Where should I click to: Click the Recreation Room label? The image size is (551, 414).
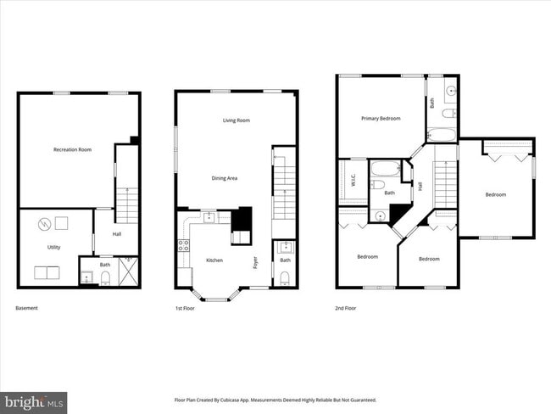[72, 150]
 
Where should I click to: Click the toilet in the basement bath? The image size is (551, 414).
[105, 277]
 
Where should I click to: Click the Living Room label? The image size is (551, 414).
[236, 120]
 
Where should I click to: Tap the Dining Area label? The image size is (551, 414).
[225, 178]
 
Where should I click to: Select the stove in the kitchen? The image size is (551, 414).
[182, 247]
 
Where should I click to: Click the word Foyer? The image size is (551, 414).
[254, 262]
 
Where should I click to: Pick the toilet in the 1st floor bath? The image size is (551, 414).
[284, 278]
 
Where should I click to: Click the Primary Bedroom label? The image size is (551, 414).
[380, 119]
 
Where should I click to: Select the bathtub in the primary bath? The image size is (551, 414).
[441, 133]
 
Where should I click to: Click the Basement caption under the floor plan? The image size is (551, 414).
[27, 308]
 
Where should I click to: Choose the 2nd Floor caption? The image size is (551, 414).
[345, 308]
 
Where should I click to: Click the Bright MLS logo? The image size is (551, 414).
[34, 400]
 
